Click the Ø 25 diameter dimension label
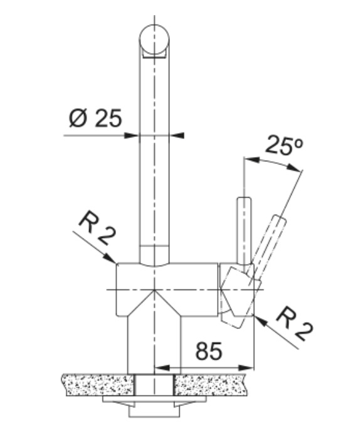point(95,118)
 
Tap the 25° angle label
point(284,145)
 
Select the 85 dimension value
point(208,351)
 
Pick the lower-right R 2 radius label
point(295,324)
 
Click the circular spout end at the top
point(154,39)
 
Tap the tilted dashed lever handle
point(268,247)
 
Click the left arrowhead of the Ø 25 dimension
point(132,136)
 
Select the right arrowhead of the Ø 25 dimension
point(177,136)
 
